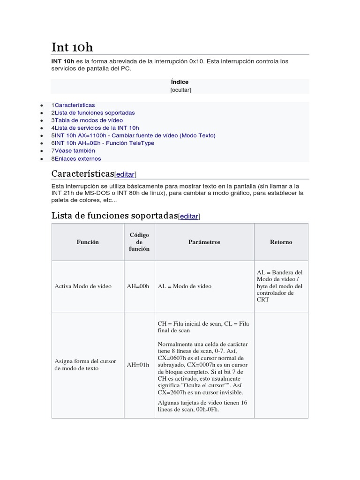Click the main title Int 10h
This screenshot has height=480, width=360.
pyautogui.click(x=72, y=47)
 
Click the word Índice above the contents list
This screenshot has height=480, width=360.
pyautogui.click(x=180, y=82)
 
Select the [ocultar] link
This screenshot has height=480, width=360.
pyautogui.click(x=180, y=90)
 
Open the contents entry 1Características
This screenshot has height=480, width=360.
pyautogui.click(x=73, y=105)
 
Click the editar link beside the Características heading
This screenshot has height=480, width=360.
pyautogui.click(x=125, y=174)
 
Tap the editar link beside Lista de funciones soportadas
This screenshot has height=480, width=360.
pyautogui.click(x=189, y=216)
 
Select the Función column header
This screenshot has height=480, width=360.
pyautogui.click(x=88, y=242)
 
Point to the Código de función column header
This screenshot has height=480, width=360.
pyautogui.click(x=139, y=242)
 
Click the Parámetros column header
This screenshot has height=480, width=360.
pyautogui.click(x=204, y=242)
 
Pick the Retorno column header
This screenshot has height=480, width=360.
pyautogui.click(x=281, y=242)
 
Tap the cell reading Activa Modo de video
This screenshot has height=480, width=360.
pyautogui.click(x=83, y=286)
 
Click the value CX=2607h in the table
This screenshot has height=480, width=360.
pyautogui.click(x=171, y=392)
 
